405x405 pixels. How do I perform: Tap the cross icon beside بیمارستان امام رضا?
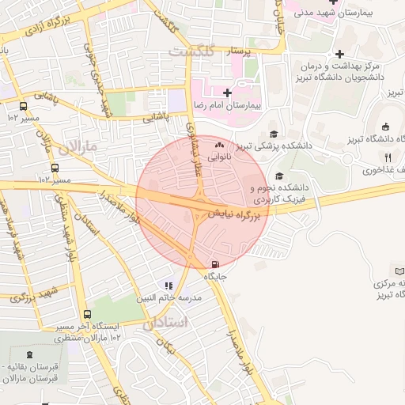pos(228,93)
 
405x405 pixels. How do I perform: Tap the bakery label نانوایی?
pos(220,157)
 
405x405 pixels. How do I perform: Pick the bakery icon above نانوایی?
pos(220,146)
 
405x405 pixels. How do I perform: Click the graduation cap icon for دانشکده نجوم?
pos(278,176)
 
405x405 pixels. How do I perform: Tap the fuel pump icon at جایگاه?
pos(215,264)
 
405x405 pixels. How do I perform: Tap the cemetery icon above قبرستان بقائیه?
pos(30,355)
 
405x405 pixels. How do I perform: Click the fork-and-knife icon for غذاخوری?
pos(388,158)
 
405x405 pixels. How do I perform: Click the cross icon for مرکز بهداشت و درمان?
pos(340,54)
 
